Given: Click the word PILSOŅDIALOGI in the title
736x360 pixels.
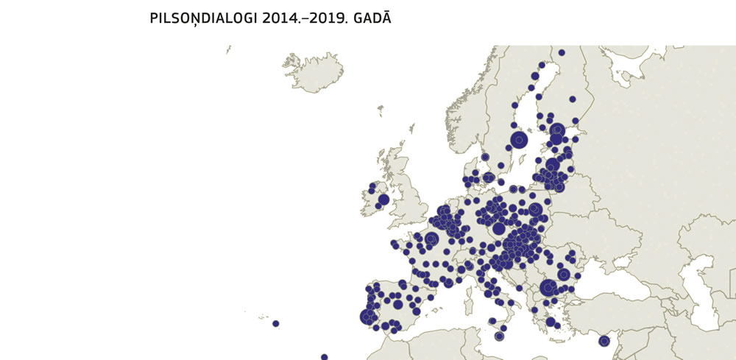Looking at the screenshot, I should click(x=204, y=18).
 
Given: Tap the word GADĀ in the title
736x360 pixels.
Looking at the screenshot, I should click(x=371, y=18).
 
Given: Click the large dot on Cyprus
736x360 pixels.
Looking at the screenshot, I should click(x=604, y=341).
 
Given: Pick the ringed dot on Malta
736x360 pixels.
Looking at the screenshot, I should click(x=499, y=336).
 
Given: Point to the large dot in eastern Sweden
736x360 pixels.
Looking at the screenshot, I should click(x=519, y=139).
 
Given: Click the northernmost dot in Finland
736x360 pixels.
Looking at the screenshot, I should click(x=561, y=52).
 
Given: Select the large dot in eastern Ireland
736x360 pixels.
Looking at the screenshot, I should click(x=383, y=200).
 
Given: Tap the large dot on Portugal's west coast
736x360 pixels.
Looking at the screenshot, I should click(x=367, y=317).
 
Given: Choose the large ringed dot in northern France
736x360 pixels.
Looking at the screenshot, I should click(x=431, y=239).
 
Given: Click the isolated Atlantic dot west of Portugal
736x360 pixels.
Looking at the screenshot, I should click(x=275, y=323).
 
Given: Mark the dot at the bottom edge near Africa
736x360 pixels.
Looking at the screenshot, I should click(x=324, y=357).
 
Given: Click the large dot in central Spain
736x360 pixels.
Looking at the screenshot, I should click(x=397, y=304).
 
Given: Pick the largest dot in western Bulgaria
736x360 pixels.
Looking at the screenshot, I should click(x=548, y=288).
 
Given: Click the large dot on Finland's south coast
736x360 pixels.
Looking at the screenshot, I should click(x=557, y=130).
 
